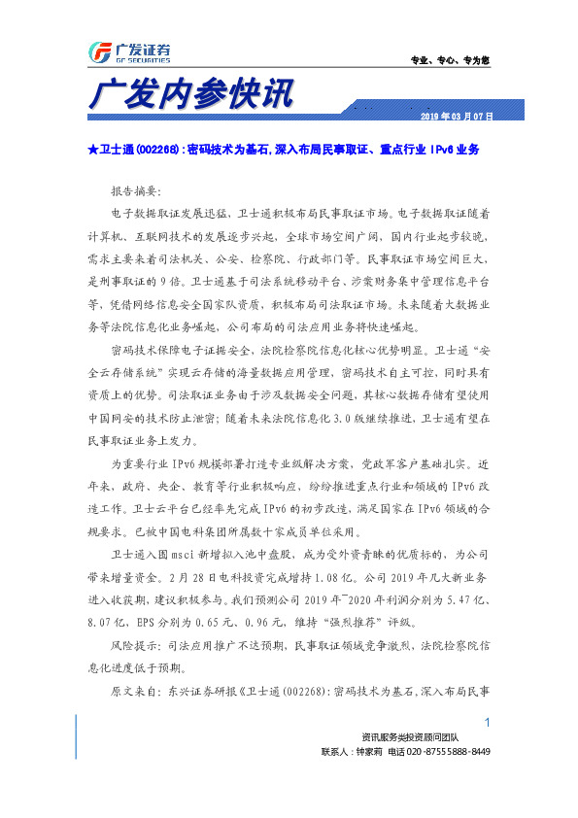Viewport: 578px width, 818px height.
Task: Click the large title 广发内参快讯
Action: coord(189,97)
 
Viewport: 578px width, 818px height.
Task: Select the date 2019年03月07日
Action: coord(457,117)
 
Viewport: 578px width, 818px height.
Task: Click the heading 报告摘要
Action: coord(138,189)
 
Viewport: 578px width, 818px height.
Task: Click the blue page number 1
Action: coord(487,721)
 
